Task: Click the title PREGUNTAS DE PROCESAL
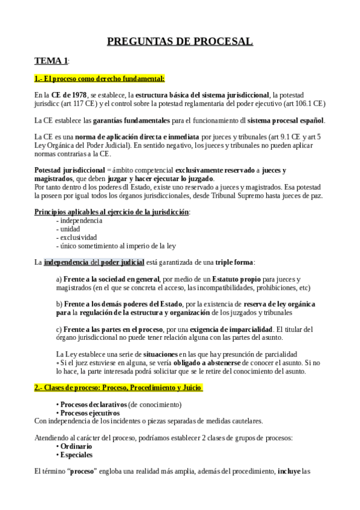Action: coord(180,41)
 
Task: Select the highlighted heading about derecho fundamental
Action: coord(99,78)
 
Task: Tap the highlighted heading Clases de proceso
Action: coord(118,389)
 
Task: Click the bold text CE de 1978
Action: coord(69,95)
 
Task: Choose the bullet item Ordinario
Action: coord(76,446)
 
